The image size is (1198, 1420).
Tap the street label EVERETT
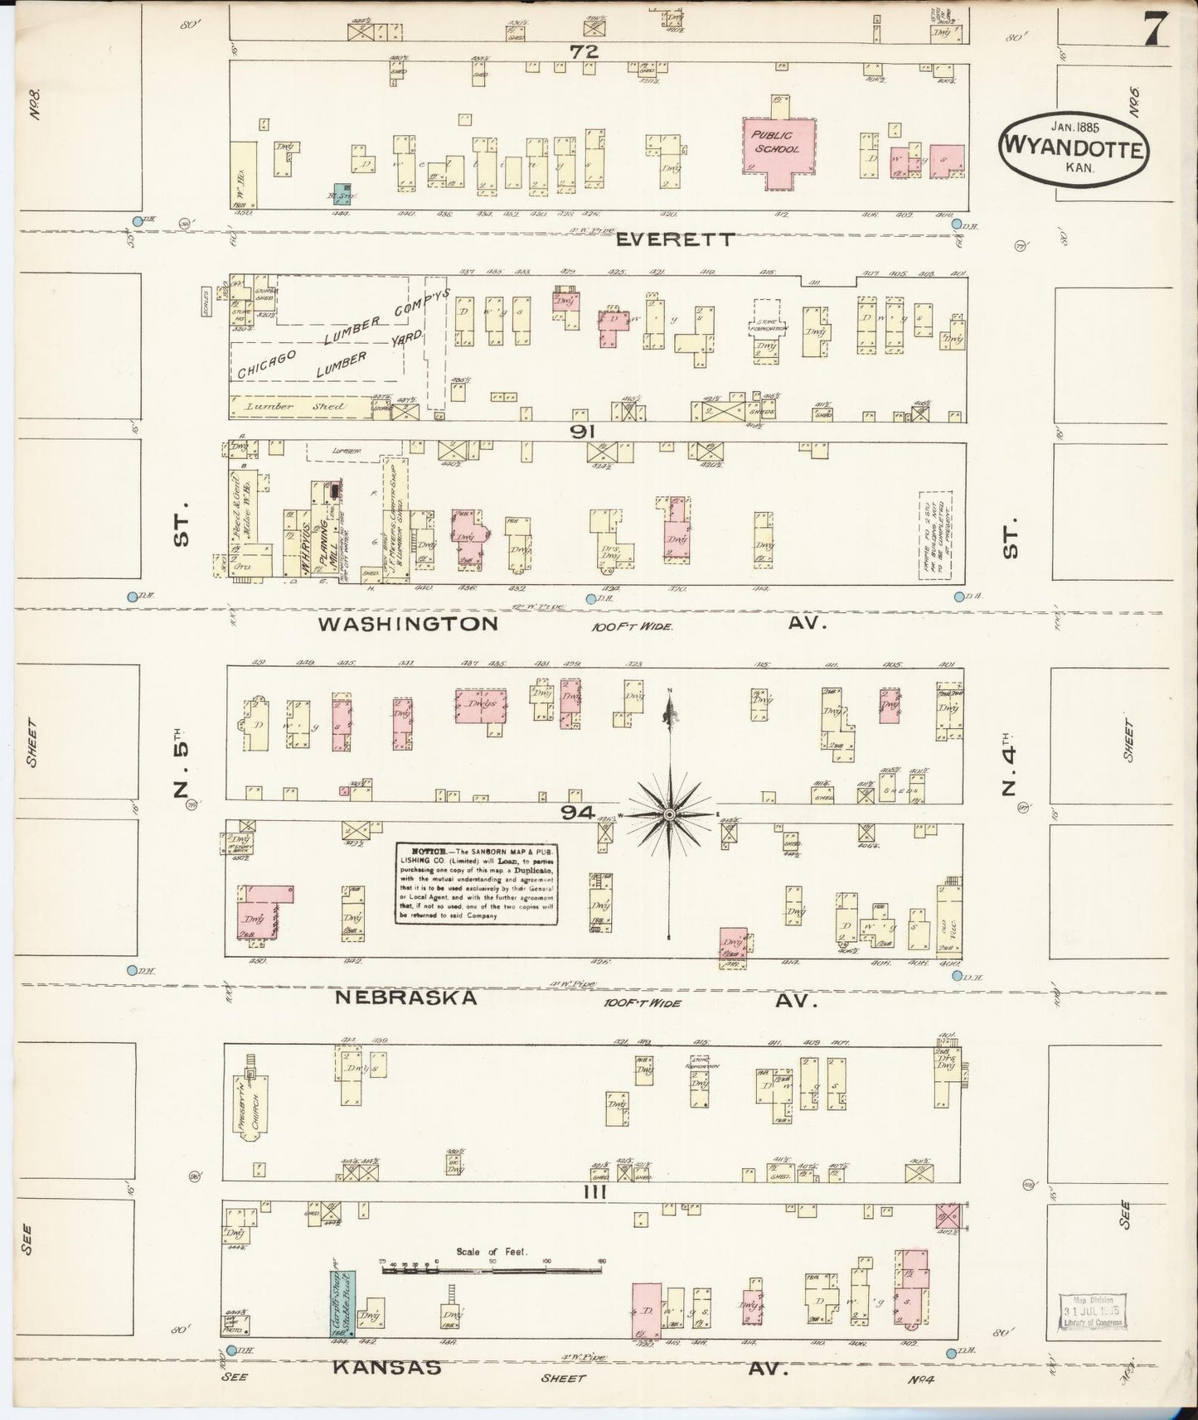(677, 239)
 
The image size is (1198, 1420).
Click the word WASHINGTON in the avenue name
(409, 623)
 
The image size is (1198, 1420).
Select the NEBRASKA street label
(406, 998)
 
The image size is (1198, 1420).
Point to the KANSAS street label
(386, 1368)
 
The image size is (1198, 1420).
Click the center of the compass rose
(669, 816)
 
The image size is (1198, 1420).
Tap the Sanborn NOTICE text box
(475, 884)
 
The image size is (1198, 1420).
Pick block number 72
(584, 51)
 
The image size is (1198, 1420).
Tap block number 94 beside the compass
(578, 814)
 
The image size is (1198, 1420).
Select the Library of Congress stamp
(1093, 1311)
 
